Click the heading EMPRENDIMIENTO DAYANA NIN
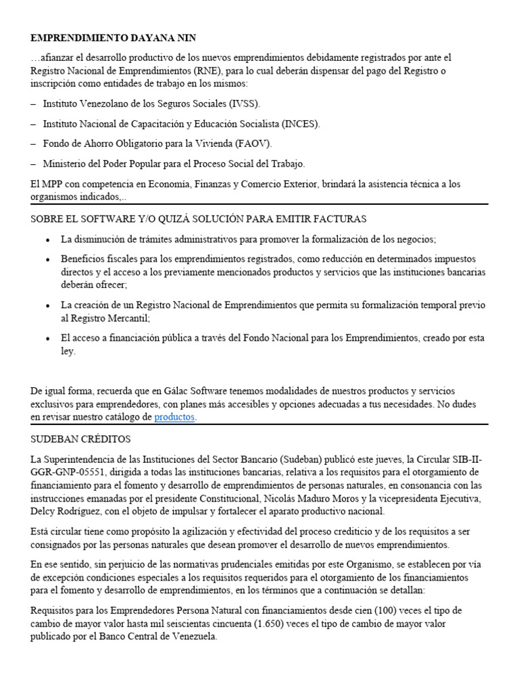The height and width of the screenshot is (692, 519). [113, 39]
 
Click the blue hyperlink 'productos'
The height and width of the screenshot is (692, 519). [174, 417]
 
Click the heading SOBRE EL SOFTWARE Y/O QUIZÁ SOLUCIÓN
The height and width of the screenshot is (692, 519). [198, 219]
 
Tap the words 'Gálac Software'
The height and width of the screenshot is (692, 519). [205, 391]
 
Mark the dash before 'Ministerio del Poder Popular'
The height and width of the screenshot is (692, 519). [34, 164]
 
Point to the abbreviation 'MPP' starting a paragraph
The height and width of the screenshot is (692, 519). [53, 184]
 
